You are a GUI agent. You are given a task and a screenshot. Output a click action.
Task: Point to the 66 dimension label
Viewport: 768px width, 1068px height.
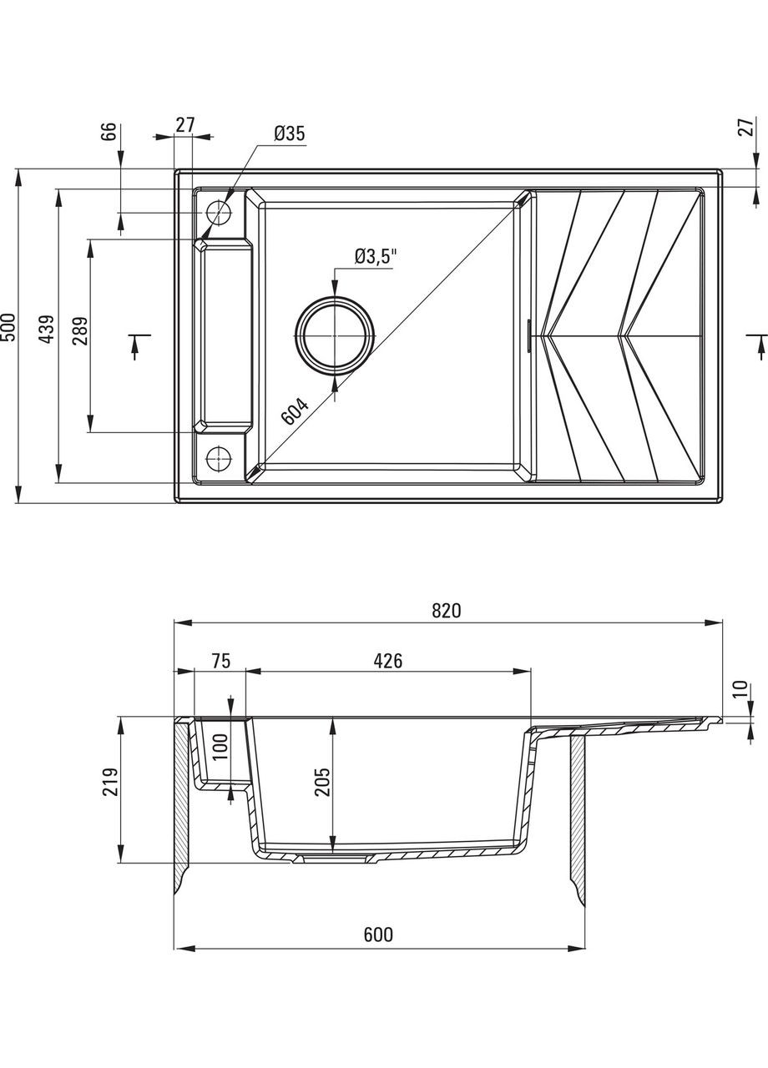click(109, 133)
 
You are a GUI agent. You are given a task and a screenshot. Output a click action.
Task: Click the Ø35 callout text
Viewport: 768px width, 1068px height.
click(290, 133)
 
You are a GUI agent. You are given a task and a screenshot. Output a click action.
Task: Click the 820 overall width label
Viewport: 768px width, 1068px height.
click(447, 611)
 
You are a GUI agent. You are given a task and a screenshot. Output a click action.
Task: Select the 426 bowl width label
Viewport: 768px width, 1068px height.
click(387, 661)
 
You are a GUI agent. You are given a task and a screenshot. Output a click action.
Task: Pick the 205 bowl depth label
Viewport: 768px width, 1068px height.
click(322, 780)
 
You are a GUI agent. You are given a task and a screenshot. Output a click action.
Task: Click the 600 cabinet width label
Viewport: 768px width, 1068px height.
click(377, 935)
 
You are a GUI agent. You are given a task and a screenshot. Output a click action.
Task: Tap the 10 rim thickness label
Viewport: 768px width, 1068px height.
click(739, 689)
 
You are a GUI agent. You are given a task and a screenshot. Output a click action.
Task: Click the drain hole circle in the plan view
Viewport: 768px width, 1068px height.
click(335, 335)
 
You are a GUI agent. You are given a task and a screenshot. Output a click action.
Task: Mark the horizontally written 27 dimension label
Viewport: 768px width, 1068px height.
click(184, 125)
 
